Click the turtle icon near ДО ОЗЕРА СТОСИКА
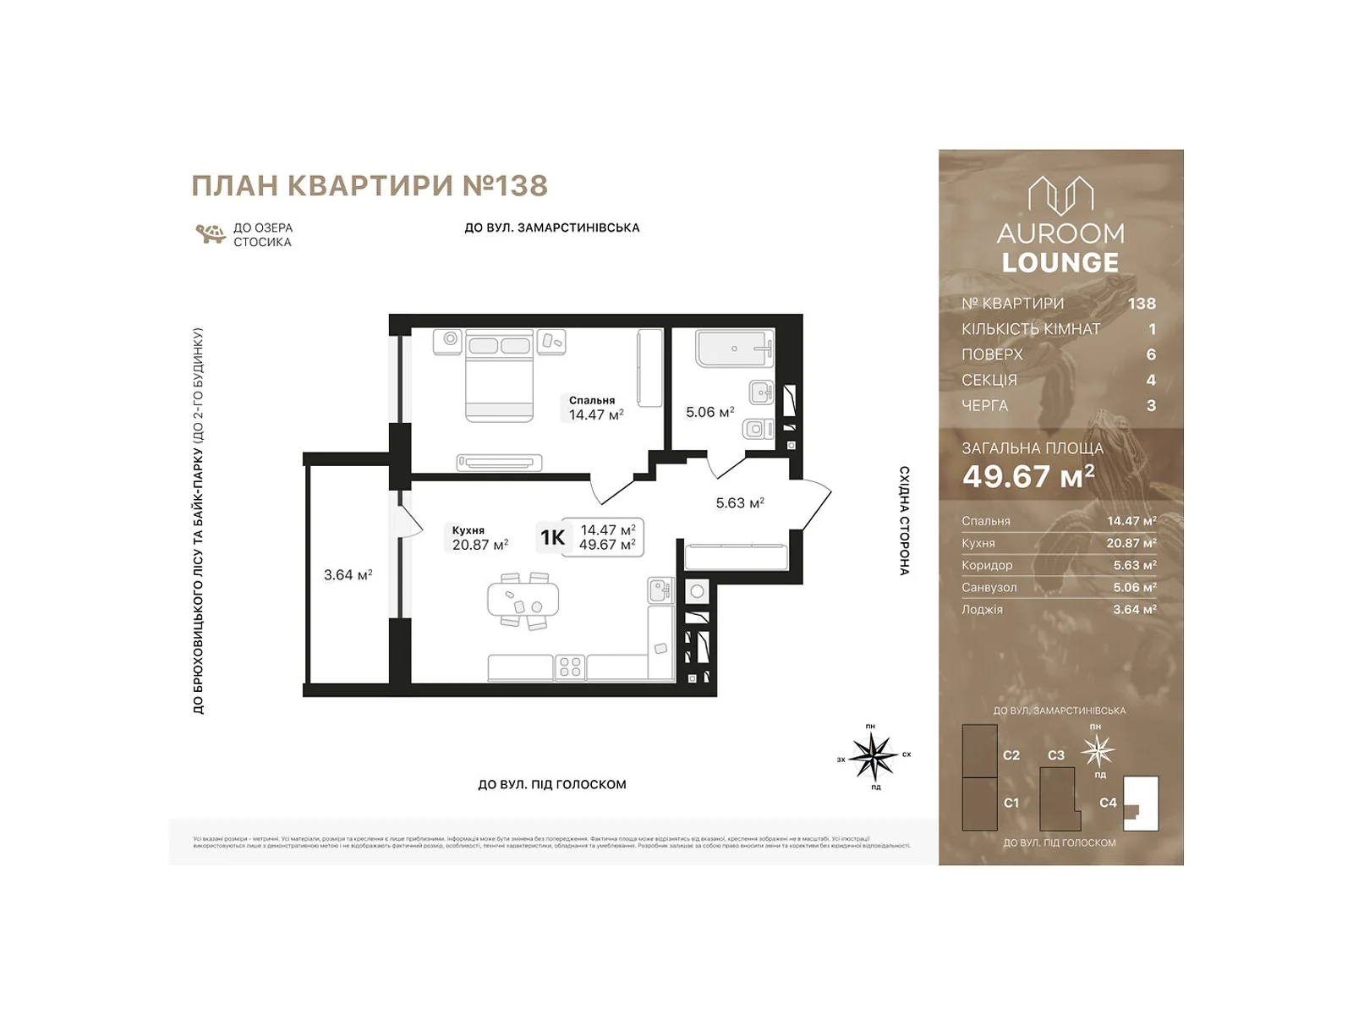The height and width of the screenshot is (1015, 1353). [210, 234]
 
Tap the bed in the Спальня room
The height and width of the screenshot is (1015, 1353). [499, 376]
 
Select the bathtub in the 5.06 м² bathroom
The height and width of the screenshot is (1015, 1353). [734, 348]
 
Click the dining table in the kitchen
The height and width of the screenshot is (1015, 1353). [523, 600]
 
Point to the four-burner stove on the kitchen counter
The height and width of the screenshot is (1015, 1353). [570, 667]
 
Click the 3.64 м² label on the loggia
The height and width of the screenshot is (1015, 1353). [348, 575]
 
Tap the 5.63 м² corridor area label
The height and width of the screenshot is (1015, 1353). [740, 503]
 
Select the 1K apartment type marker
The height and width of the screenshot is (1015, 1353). [552, 538]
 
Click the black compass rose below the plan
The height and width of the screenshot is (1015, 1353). [873, 755]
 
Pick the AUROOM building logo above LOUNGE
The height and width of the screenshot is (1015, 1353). [1060, 196]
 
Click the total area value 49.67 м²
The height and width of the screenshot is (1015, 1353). [1028, 477]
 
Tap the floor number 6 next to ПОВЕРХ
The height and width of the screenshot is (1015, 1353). [1150, 355]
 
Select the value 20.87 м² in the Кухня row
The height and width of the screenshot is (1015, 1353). [1131, 544]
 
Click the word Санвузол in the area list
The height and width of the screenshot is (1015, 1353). [989, 588]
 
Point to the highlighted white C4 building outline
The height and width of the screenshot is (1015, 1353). [1142, 803]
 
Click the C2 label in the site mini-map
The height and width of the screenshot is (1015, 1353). [1011, 755]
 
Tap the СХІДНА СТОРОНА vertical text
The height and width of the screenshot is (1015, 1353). [904, 521]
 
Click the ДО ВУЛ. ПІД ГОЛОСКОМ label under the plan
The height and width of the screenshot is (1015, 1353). [551, 785]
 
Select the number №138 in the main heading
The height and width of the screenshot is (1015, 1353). [505, 186]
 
